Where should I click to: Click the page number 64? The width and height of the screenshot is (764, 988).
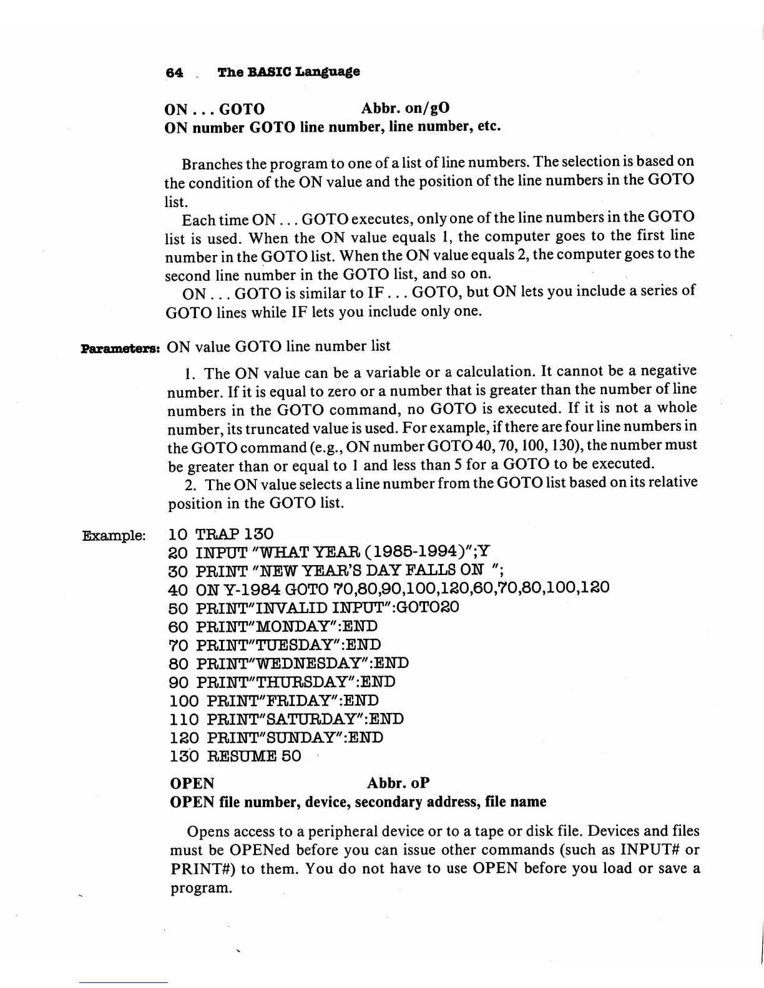174,72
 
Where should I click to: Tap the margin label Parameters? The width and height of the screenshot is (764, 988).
121,347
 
